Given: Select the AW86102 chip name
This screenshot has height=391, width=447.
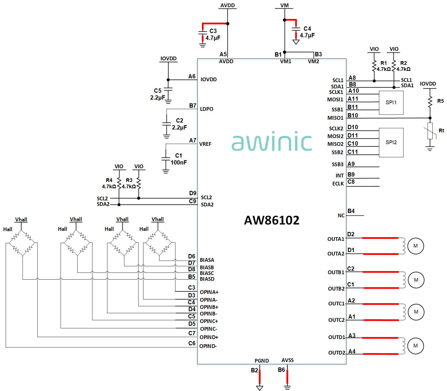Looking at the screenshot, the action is [x=272, y=220].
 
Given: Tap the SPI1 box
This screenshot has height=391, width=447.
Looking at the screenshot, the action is [x=391, y=102].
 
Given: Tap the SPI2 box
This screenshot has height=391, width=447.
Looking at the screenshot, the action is [x=391, y=142].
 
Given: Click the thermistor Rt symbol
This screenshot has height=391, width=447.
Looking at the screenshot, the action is [x=430, y=131].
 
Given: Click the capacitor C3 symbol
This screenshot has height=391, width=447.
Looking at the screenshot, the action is [x=202, y=33].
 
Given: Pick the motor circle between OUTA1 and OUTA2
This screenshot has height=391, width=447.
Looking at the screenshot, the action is [x=415, y=246].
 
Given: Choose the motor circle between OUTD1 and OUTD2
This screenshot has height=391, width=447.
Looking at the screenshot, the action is [x=415, y=346].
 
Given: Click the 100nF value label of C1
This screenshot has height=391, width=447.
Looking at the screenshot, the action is [x=179, y=162].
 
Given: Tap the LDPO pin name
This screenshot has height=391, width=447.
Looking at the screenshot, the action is [x=206, y=109].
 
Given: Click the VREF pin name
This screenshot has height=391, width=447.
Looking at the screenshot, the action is [x=205, y=144].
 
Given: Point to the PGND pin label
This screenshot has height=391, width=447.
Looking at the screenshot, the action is [x=261, y=361].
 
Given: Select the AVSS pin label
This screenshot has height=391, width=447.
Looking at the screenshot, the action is [x=288, y=360].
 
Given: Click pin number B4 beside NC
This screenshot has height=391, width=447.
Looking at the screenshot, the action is [x=351, y=211].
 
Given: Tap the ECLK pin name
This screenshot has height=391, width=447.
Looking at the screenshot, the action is [x=338, y=184].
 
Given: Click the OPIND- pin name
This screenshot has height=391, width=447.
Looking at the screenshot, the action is [x=208, y=346].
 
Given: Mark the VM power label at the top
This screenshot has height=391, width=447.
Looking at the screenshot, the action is [x=284, y=5].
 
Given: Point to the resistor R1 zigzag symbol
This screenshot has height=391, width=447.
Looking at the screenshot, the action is [x=374, y=66].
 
